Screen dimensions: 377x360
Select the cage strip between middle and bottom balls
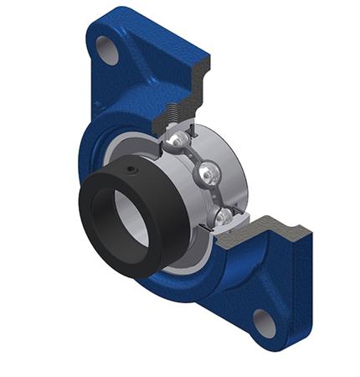[216, 198]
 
